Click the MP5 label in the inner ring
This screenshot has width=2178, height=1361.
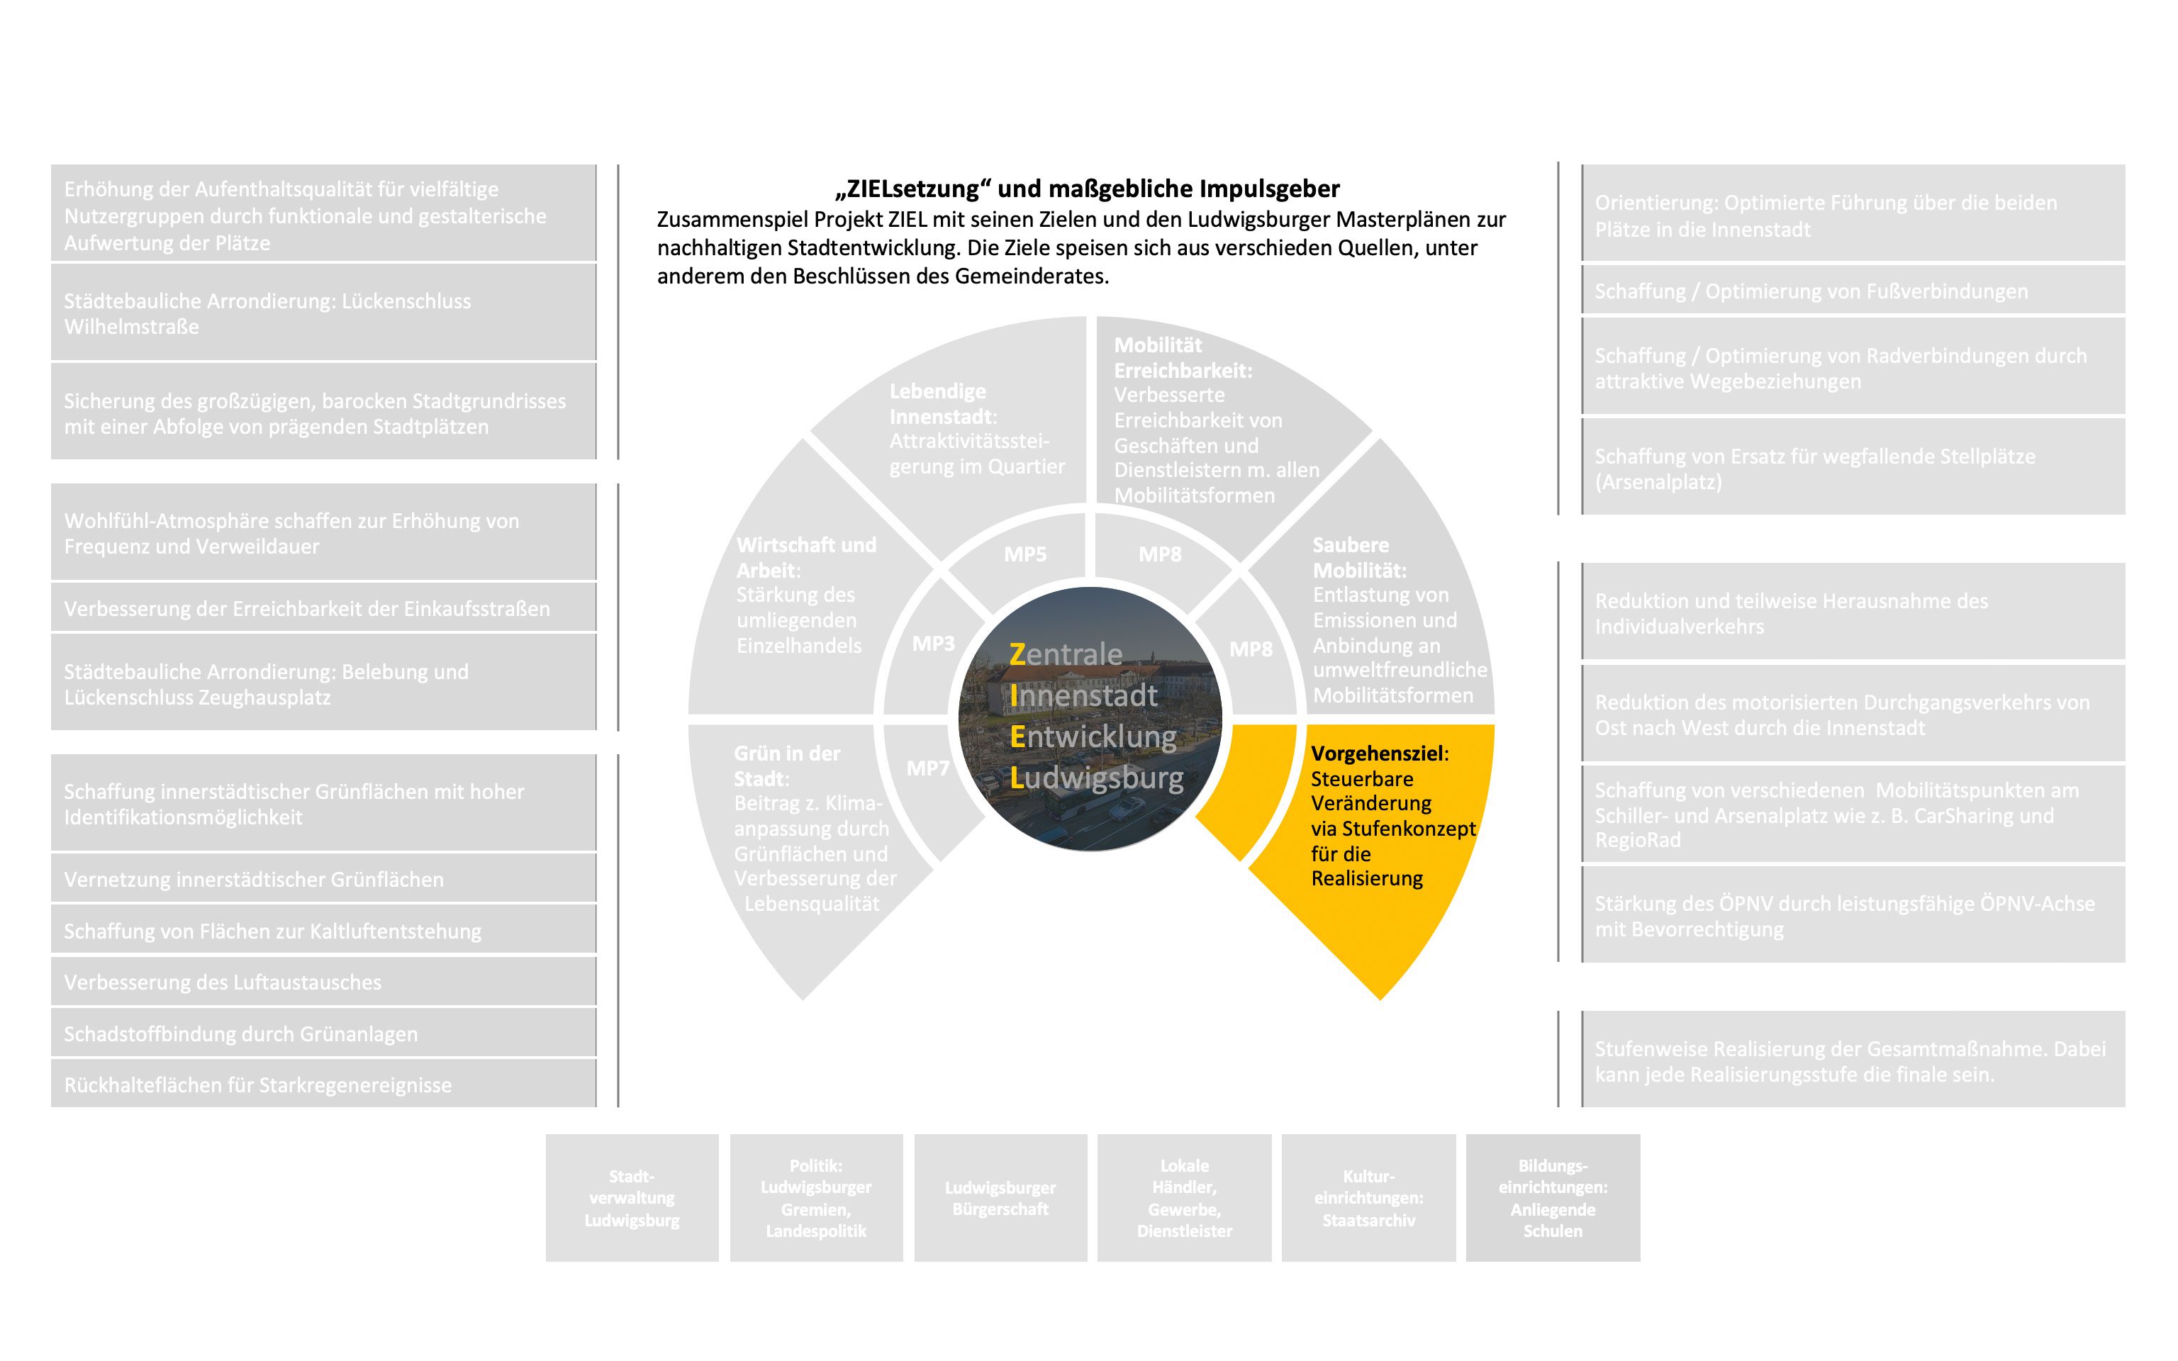point(1025,554)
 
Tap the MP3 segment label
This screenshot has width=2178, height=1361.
point(933,644)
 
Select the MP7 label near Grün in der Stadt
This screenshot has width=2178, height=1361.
point(928,768)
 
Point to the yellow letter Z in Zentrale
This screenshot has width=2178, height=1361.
point(1018,654)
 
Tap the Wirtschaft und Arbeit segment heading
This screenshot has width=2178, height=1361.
point(805,557)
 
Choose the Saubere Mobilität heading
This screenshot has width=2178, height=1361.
point(1359,557)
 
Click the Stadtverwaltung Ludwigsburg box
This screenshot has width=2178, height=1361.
point(632,1198)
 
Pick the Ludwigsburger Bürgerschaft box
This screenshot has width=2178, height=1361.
point(1000,1198)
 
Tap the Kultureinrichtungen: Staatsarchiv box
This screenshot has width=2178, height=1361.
point(1368,1198)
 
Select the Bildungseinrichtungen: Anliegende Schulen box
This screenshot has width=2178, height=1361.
point(1553,1198)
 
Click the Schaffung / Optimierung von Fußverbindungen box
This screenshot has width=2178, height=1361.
point(1852,291)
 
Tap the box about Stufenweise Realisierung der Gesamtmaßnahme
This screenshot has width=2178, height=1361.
point(1852,1061)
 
